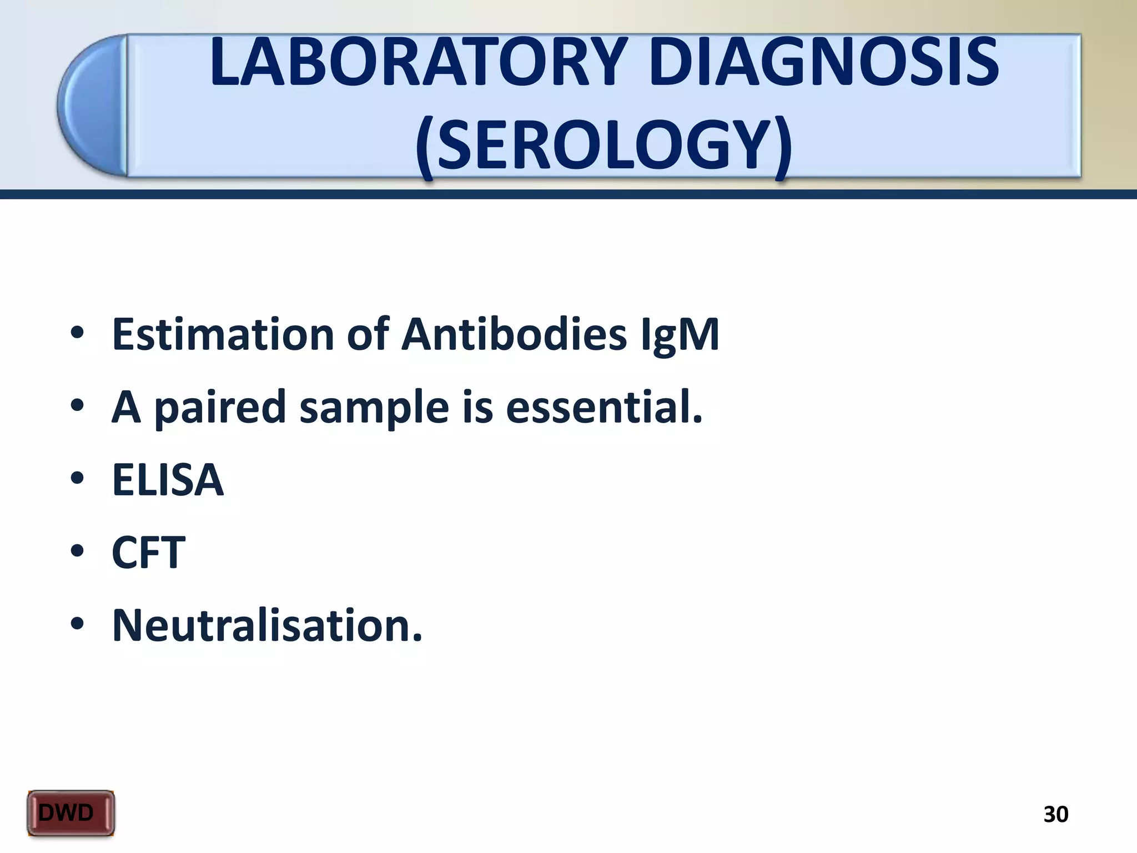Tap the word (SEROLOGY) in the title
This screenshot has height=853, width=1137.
click(x=603, y=145)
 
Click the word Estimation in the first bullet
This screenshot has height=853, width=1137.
click(x=223, y=334)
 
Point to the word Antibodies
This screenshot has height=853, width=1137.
click(x=514, y=334)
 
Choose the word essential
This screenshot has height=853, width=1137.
click(x=603, y=407)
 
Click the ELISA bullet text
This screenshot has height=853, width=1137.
click(x=168, y=480)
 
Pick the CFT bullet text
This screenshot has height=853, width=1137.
click(x=148, y=553)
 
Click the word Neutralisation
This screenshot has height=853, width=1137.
click(x=267, y=625)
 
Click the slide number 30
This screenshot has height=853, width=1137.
click(x=1055, y=814)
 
